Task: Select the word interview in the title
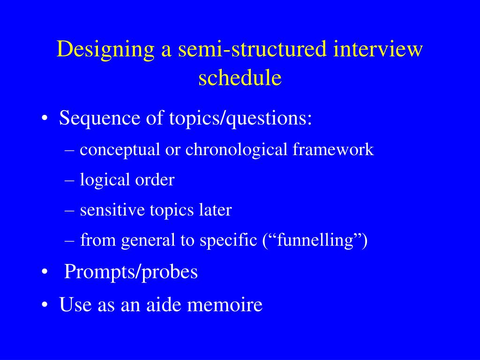pos(378,50)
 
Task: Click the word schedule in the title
pos(240,78)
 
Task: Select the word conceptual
pos(120,150)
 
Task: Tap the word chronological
pos(236,150)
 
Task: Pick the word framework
pos(333,150)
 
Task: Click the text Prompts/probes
pos(131,272)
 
